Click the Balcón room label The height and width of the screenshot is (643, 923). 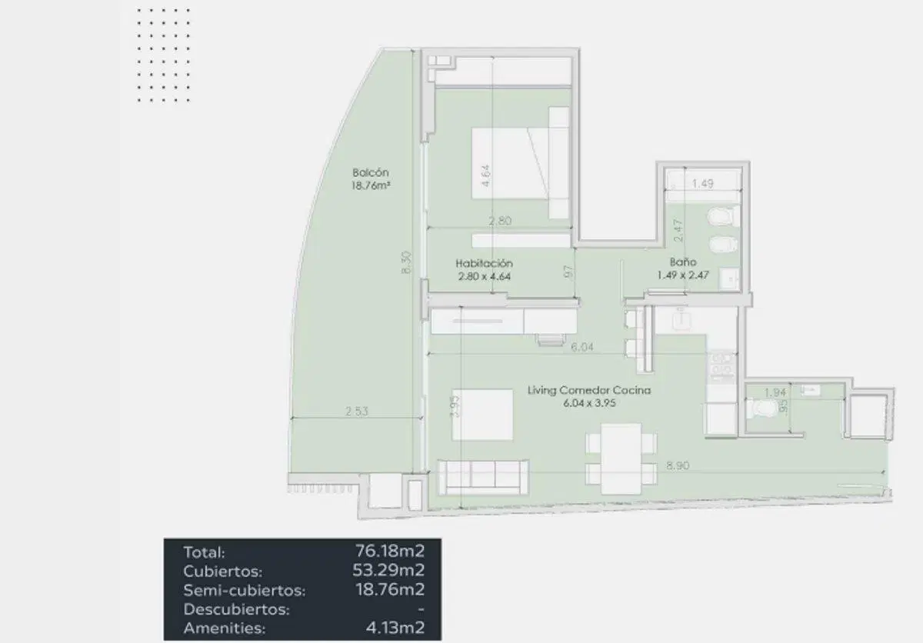pos(371,172)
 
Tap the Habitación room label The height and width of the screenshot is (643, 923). pos(484,263)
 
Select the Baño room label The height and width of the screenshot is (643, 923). pos(683,262)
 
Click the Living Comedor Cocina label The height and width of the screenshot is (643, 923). pos(589,390)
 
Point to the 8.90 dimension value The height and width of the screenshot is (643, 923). pos(678,465)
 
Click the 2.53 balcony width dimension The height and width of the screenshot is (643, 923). pos(357,411)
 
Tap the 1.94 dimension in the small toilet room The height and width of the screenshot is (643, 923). pos(775,392)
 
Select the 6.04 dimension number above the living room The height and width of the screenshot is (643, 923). pos(581,347)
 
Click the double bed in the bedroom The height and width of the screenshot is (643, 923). pos(520,163)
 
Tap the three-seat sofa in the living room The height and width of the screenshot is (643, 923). pos(483,478)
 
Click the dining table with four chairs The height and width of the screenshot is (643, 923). pos(621,458)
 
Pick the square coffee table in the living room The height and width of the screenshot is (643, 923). pos(482,415)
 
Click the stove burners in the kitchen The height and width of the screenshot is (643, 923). pos(721,364)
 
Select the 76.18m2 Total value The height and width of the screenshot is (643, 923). pos(390,551)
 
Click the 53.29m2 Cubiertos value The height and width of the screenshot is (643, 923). pos(388,570)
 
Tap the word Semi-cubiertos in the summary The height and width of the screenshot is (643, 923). pos(245,590)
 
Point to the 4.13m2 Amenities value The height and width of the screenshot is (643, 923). pos(395,628)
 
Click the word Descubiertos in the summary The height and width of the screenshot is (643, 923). pos(237,609)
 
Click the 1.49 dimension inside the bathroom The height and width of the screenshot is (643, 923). pos(702,183)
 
